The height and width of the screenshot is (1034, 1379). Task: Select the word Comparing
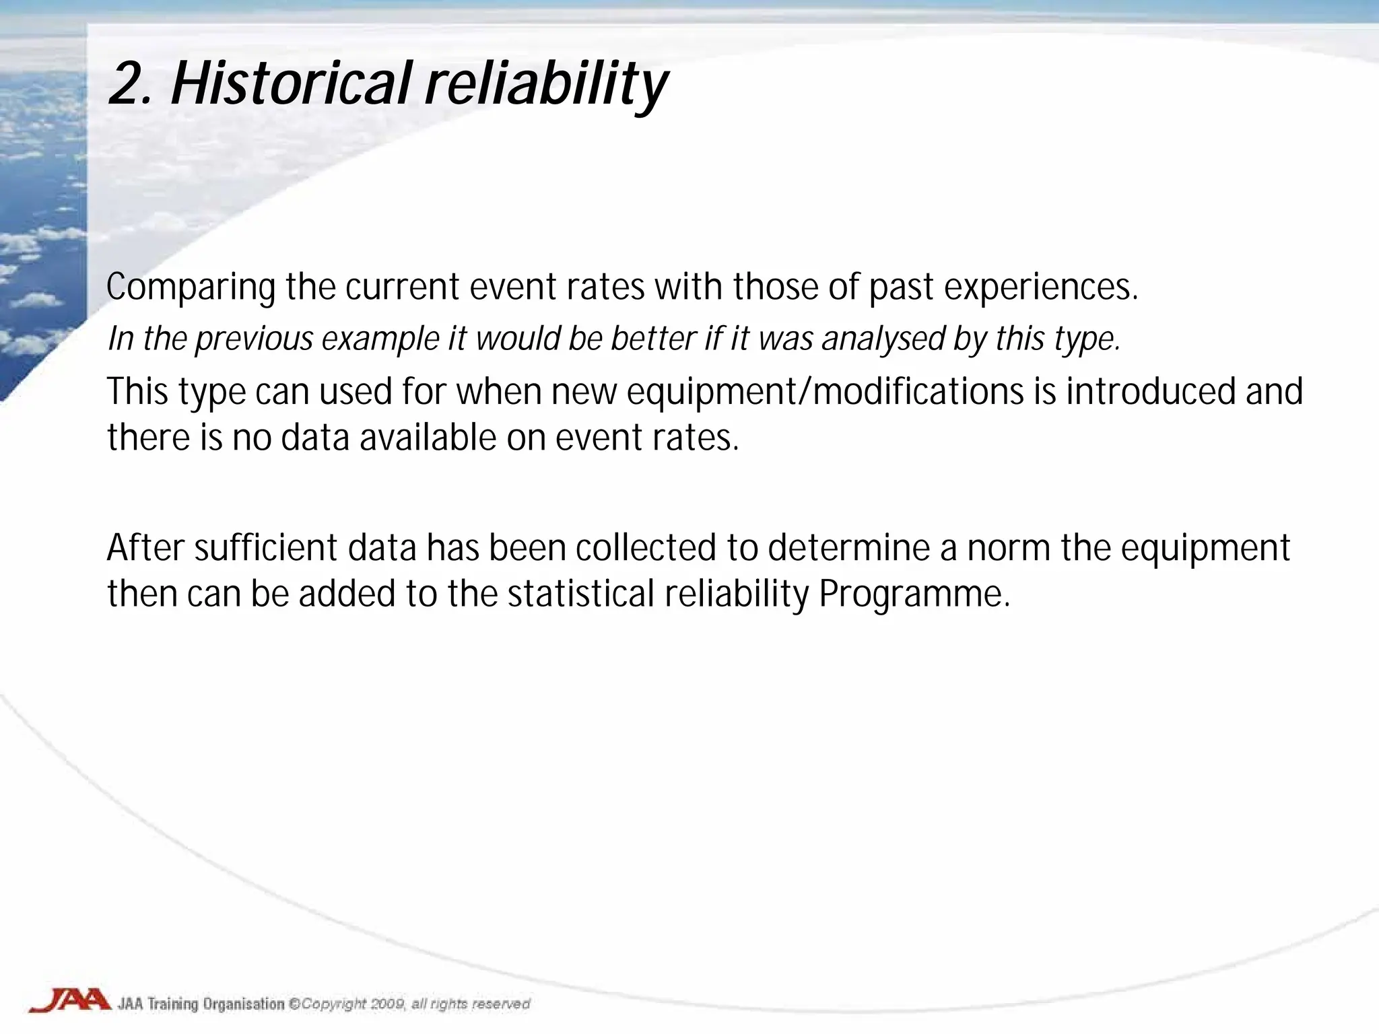[x=191, y=288]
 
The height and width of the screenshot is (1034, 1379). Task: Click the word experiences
[x=1040, y=288]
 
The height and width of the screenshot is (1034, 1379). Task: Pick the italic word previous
[x=254, y=339]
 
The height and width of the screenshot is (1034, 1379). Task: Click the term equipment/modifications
[x=825, y=393]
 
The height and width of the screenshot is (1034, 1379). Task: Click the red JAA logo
[x=69, y=1000]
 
